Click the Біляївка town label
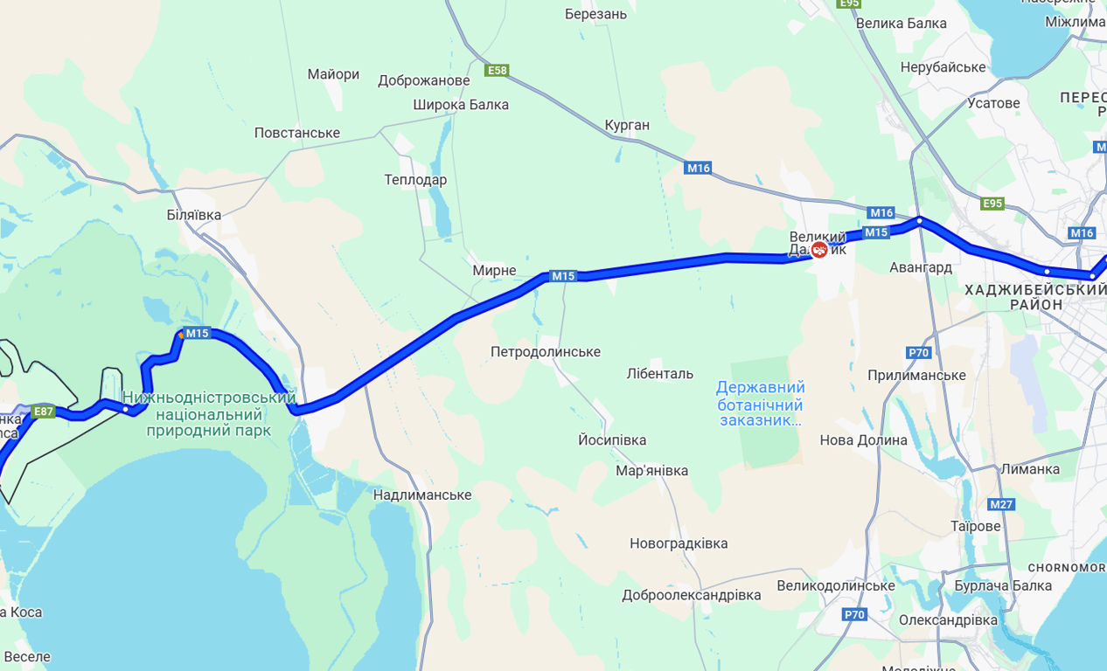[x=193, y=215]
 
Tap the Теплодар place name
[x=415, y=180]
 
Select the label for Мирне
[x=494, y=271]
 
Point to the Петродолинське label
[x=545, y=352]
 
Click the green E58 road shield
[x=497, y=70]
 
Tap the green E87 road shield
[x=43, y=411]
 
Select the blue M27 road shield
[x=1001, y=504]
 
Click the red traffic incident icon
[x=819, y=251]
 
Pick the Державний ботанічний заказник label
[x=760, y=404]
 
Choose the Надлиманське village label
[x=422, y=495]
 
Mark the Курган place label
[x=627, y=125]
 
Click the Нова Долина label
[x=863, y=440]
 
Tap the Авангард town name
[x=920, y=267]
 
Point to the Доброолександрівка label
[x=691, y=595]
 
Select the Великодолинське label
[x=835, y=585]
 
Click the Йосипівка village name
[x=612, y=439]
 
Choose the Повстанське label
[x=296, y=133]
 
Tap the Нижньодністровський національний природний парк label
[x=208, y=414]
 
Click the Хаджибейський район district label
[x=1035, y=296]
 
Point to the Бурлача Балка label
[x=1003, y=585]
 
